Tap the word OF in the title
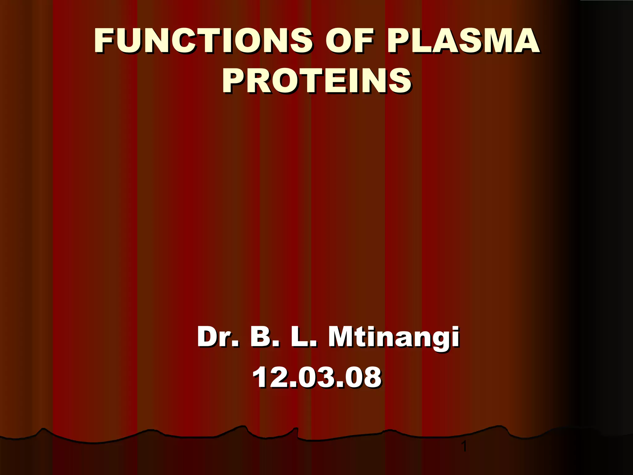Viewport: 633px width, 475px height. (x=350, y=41)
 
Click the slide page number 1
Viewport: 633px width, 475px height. (x=464, y=447)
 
